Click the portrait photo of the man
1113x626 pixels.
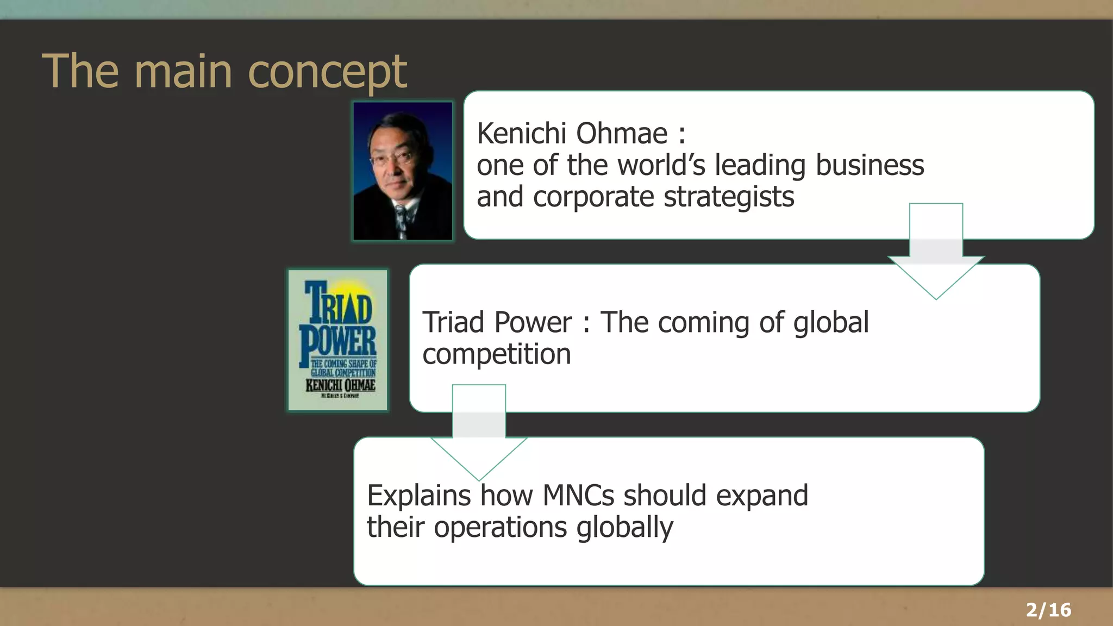pyautogui.click(x=402, y=171)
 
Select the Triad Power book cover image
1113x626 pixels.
pyautogui.click(x=338, y=340)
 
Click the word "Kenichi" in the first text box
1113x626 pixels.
pyautogui.click(x=521, y=134)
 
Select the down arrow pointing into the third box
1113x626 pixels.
pyautogui.click(x=479, y=435)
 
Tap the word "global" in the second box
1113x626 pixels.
pyautogui.click(x=831, y=323)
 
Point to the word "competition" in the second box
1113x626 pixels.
pyautogui.click(x=497, y=355)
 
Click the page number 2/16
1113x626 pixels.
pyautogui.click(x=1048, y=610)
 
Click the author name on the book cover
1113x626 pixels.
pyautogui.click(x=340, y=385)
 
